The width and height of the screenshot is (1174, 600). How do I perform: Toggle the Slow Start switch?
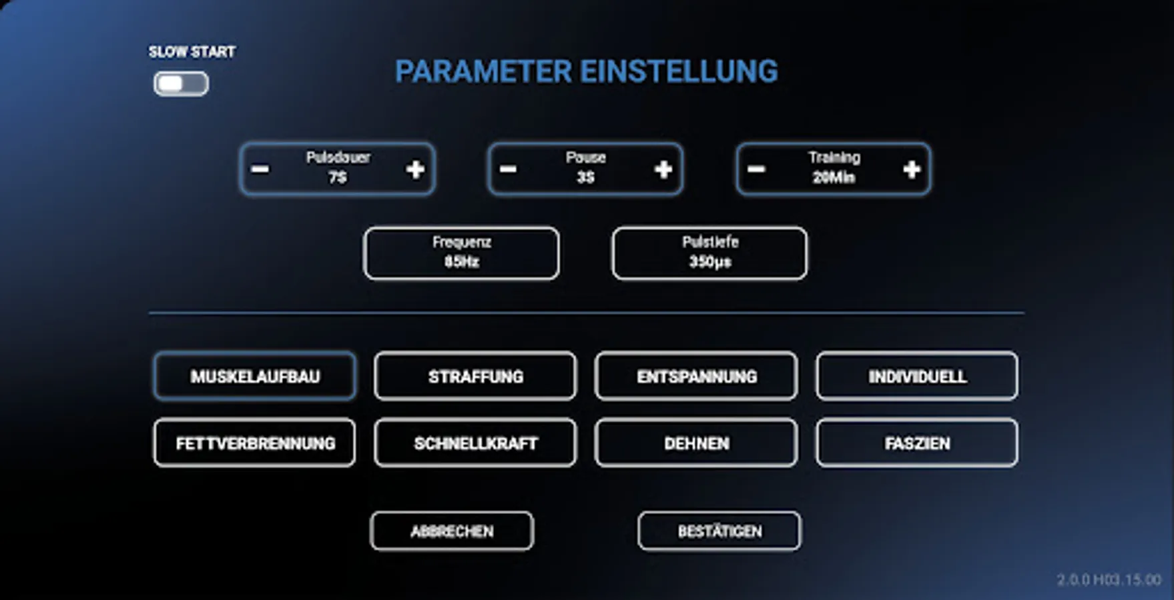(181, 84)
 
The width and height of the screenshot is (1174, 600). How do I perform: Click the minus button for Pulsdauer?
(260, 169)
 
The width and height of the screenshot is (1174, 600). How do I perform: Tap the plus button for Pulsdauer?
(415, 169)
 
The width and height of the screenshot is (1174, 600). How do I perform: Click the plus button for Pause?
(663, 169)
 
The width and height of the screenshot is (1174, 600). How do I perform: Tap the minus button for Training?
(756, 169)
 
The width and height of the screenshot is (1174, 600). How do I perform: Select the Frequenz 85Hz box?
(461, 253)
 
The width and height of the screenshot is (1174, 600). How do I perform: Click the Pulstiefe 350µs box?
(709, 253)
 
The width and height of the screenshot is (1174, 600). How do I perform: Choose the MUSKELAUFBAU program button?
(254, 377)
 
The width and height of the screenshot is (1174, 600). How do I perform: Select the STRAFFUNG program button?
(475, 377)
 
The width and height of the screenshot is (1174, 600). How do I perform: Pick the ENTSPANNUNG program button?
(696, 377)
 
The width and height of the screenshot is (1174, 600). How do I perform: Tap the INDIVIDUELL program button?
(917, 377)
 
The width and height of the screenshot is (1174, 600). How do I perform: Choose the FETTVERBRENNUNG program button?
(254, 443)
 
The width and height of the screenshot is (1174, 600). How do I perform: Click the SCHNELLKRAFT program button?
(475, 443)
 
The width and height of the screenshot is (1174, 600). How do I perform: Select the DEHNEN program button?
(696, 443)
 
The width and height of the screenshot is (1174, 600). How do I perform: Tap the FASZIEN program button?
(917, 443)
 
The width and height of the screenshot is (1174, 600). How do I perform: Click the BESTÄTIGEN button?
(719, 531)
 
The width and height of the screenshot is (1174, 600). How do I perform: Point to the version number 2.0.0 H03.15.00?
(1109, 580)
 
